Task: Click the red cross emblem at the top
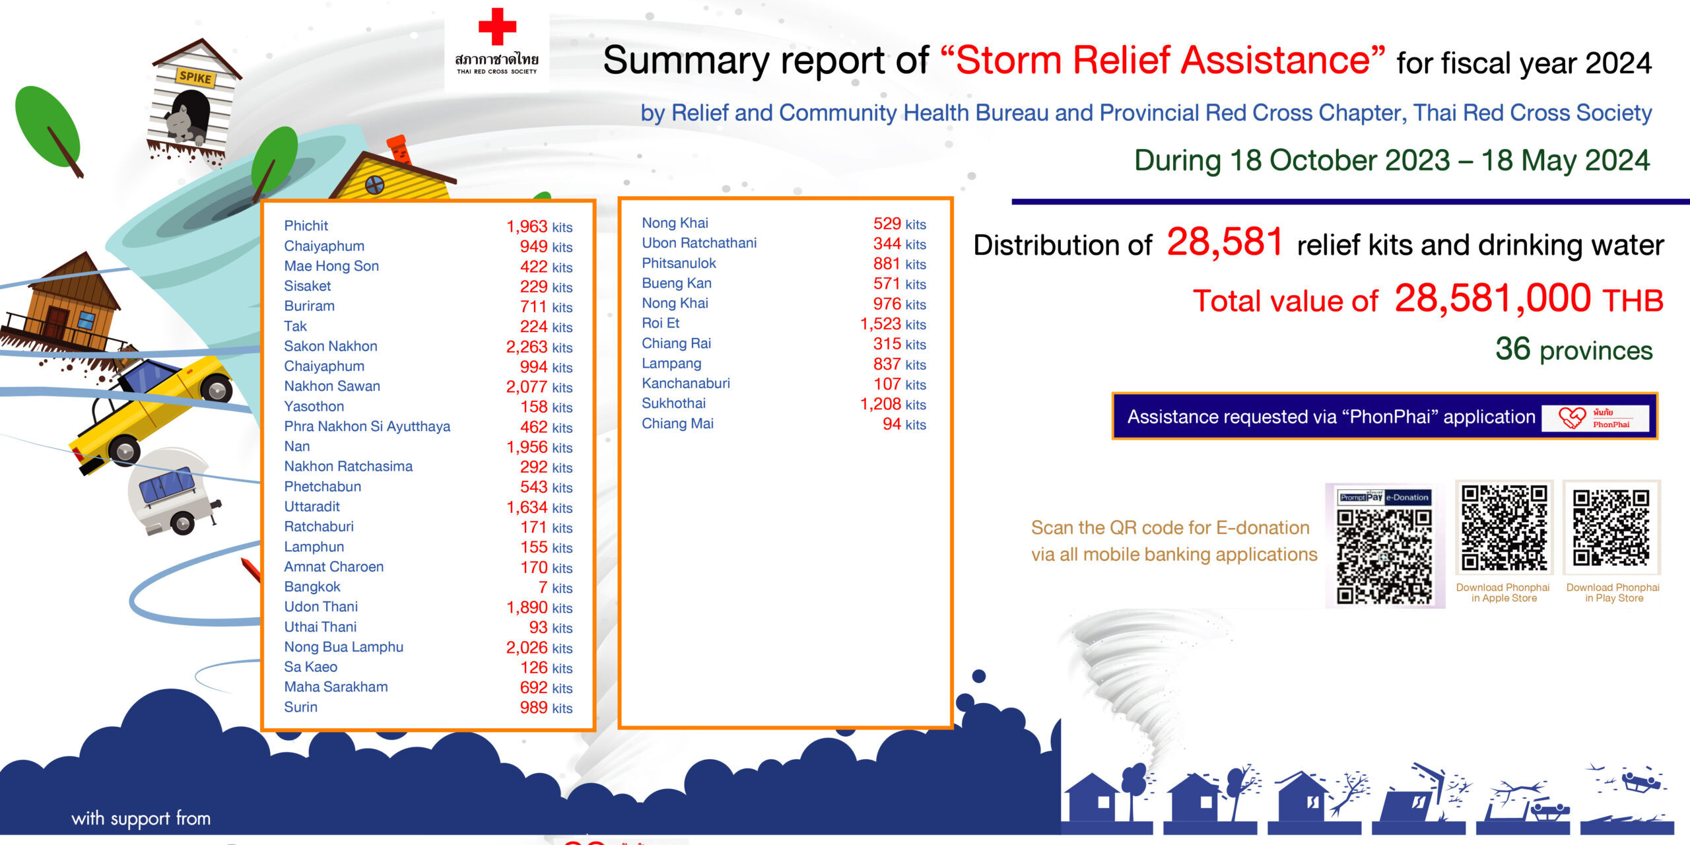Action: pos(497,26)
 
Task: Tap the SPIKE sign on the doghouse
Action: pos(195,77)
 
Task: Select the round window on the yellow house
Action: pos(375,185)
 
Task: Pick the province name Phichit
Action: pos(306,226)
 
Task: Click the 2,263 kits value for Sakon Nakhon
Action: pos(539,347)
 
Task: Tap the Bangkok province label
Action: pos(312,587)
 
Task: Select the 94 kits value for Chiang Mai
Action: pos(904,424)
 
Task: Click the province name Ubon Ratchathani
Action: pos(699,243)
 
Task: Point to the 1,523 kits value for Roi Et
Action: pos(893,324)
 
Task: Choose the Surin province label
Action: pos(300,707)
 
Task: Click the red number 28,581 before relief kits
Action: pos(1225,242)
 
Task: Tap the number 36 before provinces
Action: pos(1512,349)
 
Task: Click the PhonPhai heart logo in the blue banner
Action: pos(1571,417)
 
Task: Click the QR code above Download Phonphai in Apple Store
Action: pos(1504,528)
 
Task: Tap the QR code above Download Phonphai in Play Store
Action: pos(1611,528)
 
